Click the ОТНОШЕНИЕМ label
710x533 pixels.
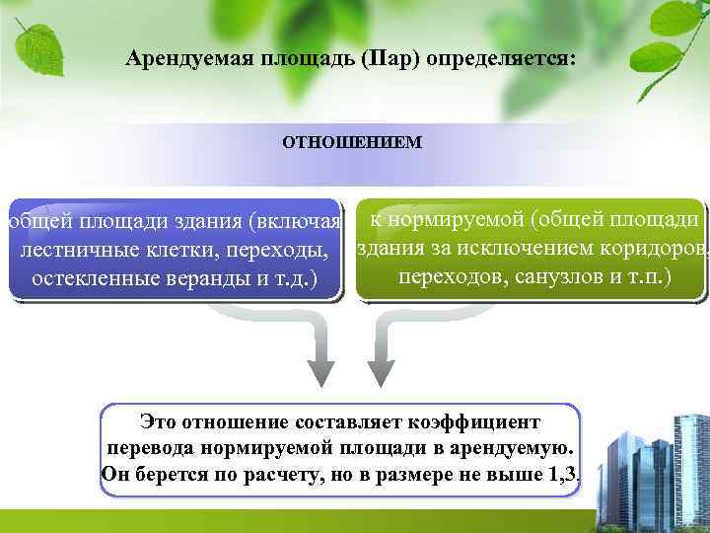(x=352, y=142)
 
